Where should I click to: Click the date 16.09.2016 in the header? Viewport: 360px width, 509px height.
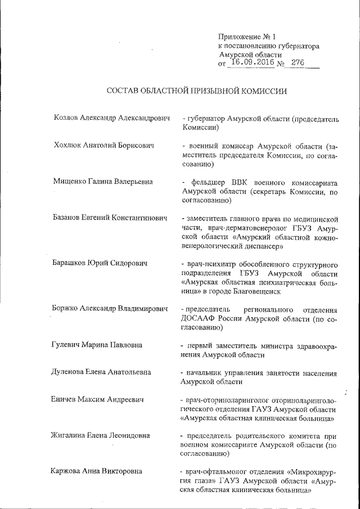tap(253, 63)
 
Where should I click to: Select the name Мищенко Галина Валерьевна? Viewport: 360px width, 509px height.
tap(103, 182)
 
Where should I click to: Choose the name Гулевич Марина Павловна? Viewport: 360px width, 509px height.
tap(97, 344)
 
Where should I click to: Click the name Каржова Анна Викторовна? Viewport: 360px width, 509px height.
tap(96, 471)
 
